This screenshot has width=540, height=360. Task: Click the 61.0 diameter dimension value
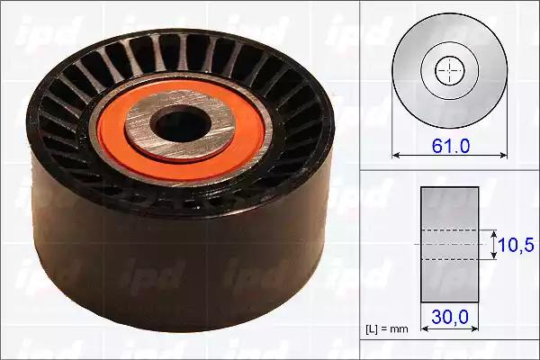click(451, 146)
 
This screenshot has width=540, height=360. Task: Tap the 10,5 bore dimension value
click(516, 245)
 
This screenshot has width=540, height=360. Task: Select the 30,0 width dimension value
click(450, 316)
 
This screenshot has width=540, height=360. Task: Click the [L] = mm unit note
click(386, 329)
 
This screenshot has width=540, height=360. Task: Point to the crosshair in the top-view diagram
click(450, 70)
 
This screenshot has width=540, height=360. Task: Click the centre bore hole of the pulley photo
click(181, 124)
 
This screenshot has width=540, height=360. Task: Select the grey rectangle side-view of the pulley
click(449, 245)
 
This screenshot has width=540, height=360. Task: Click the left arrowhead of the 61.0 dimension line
click(396, 156)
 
